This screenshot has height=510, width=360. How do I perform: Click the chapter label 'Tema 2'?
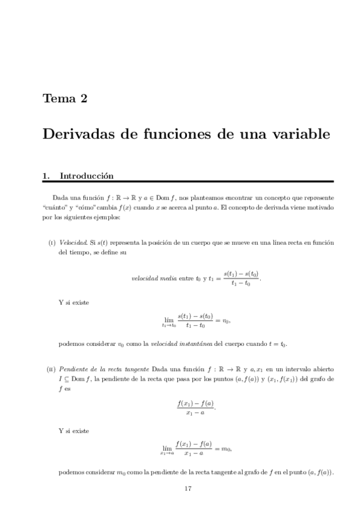coord(65,99)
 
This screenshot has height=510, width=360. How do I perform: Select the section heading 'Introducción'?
coord(86,176)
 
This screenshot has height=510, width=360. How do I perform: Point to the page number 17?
coord(188,488)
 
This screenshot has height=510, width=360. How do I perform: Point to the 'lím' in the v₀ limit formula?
coord(168,319)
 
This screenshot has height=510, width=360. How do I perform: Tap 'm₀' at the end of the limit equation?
coord(226,448)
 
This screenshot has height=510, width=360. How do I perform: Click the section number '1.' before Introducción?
coord(46,176)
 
